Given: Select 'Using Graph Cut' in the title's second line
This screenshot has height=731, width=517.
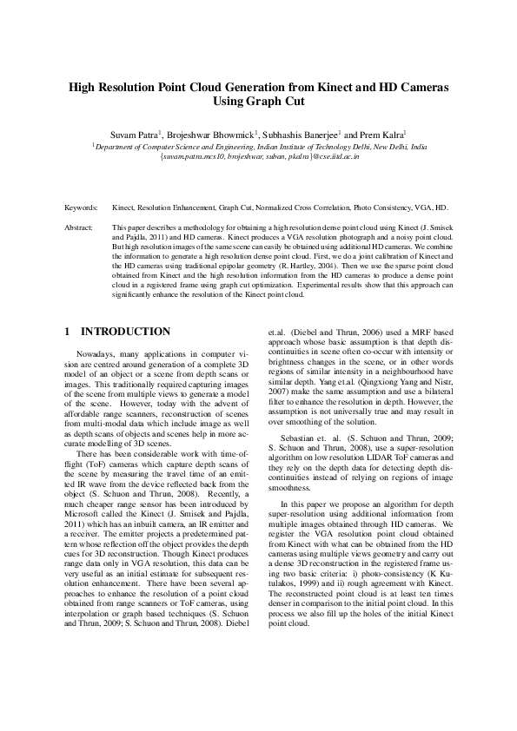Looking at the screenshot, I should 258,102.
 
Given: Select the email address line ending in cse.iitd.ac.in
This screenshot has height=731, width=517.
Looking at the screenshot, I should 260,157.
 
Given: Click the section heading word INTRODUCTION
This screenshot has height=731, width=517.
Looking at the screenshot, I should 125,332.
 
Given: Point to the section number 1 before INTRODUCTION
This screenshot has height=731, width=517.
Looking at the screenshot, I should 69,332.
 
